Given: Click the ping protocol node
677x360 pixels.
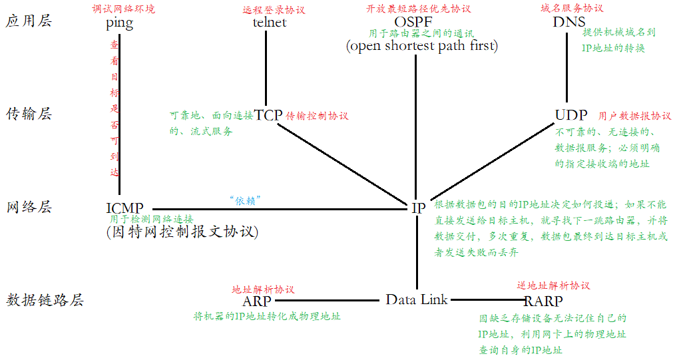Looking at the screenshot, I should coord(119,23).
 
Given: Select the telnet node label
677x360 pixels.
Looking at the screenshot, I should coord(270,23).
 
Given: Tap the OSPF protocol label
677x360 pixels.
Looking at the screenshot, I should coord(417,22).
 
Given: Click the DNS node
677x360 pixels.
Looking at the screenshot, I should coord(569,22).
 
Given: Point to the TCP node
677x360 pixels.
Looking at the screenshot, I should coord(268,114).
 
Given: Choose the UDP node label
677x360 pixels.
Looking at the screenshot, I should coord(571,114).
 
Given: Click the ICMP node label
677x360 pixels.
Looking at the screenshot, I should coord(124,208).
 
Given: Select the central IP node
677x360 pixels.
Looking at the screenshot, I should coord(419,208).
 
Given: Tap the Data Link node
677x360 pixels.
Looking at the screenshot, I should coord(417,299).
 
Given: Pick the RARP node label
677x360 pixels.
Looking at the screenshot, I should coord(543,301).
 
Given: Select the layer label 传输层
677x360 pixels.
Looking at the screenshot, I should coord(28,114).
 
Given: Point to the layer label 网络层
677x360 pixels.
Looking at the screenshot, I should coord(28,207).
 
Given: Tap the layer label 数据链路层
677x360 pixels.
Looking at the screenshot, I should coord(45,300).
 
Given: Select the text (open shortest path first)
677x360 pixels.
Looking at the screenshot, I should coord(421,46).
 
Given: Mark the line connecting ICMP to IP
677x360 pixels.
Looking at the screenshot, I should coord(280,209).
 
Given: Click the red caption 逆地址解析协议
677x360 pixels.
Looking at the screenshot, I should coord(553,285).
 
